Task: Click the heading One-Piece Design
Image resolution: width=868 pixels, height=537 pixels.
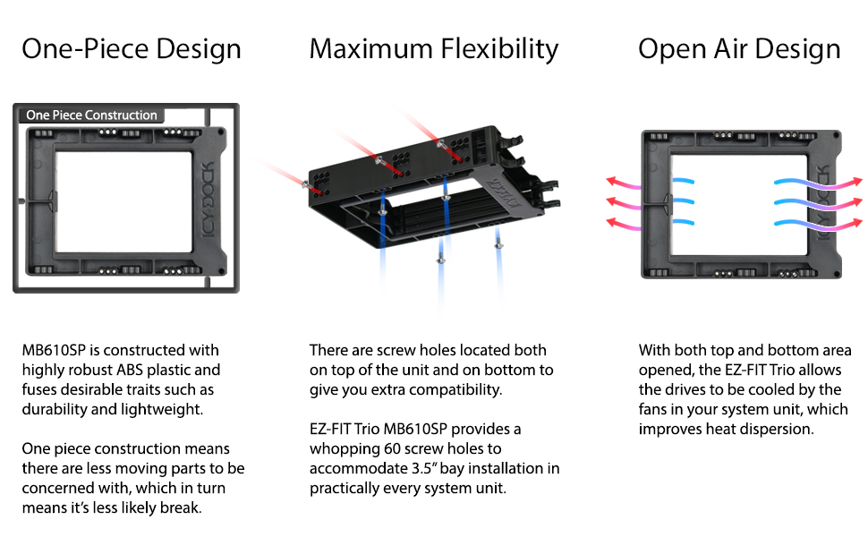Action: click(132, 48)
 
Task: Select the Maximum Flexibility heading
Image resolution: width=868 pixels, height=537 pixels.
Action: click(434, 50)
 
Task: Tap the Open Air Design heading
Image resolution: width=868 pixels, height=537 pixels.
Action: click(739, 50)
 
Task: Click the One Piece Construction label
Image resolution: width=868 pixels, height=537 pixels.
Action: click(92, 115)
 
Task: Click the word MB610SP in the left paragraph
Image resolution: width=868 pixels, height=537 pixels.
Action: click(54, 351)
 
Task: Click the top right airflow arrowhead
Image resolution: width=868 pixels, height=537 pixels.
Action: click(857, 181)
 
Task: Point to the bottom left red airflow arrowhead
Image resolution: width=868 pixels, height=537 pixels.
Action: click(611, 222)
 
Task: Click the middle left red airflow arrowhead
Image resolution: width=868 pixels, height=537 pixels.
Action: click(611, 201)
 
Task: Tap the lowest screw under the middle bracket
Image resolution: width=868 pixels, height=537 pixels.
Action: click(440, 259)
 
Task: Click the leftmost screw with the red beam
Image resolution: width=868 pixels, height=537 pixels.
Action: click(305, 183)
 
